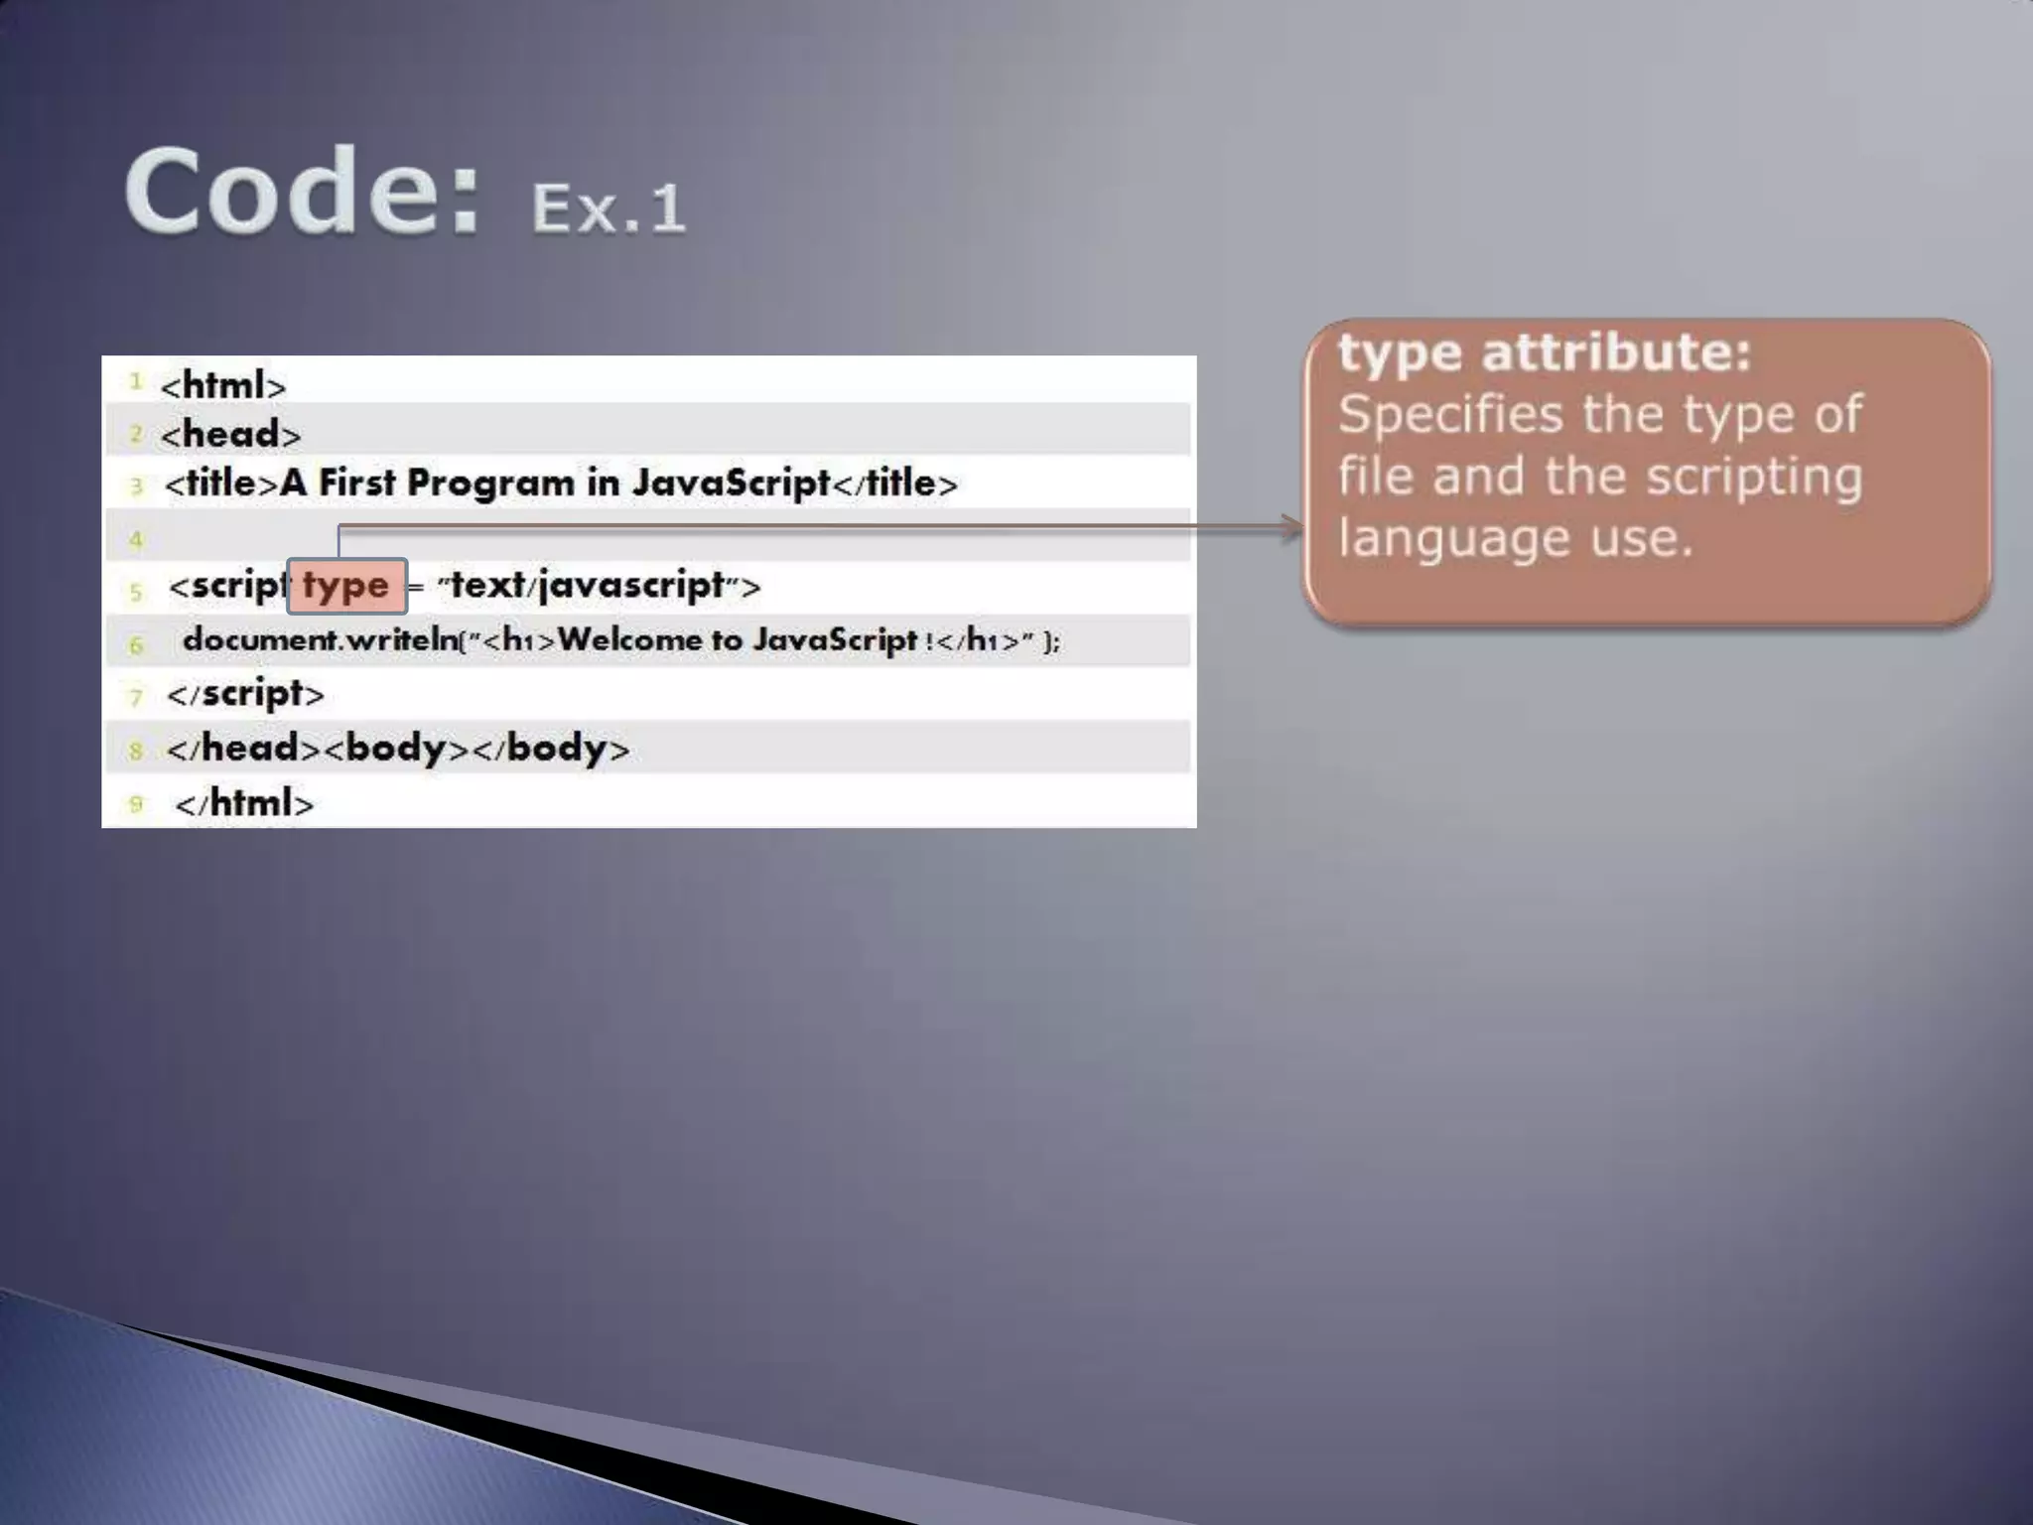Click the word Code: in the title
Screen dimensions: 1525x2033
click(x=302, y=191)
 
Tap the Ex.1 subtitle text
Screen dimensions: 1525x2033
click(x=608, y=208)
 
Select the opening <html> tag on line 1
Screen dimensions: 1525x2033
click(x=223, y=385)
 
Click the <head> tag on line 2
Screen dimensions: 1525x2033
click(x=230, y=435)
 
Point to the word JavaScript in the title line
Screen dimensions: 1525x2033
click(x=731, y=484)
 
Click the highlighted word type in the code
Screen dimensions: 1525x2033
click(x=345, y=586)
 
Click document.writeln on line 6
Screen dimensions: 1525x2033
click(x=320, y=640)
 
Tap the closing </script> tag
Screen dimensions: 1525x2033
click(x=245, y=694)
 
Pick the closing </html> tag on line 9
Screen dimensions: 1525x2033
click(x=244, y=803)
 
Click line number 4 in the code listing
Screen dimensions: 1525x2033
click(x=136, y=540)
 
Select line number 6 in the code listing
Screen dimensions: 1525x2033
click(x=136, y=645)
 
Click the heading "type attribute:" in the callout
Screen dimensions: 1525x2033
click(x=1545, y=353)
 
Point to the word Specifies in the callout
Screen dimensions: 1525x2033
click(x=1449, y=415)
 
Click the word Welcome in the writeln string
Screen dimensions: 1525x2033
click(x=629, y=640)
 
